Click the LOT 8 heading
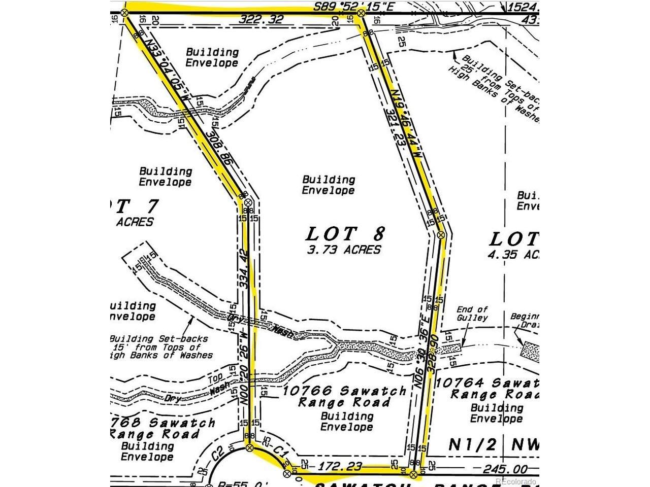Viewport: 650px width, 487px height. (345, 234)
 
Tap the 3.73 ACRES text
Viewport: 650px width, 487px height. (344, 250)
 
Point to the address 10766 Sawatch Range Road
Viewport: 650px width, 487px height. (344, 396)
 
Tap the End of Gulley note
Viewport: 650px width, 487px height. (472, 314)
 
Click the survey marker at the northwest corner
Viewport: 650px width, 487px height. (125, 12)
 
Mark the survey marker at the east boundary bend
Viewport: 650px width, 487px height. (441, 234)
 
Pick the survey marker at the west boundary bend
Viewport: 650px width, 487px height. (248, 202)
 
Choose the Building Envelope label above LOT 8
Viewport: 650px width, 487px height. (329, 185)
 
